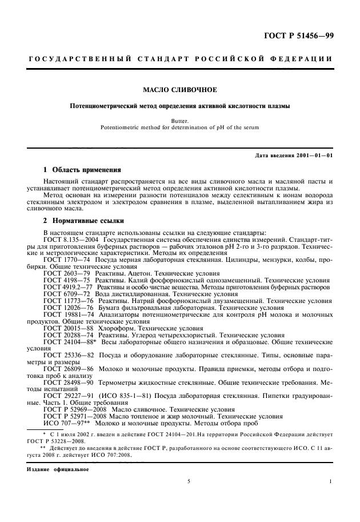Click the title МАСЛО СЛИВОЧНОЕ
click(x=179, y=89)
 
